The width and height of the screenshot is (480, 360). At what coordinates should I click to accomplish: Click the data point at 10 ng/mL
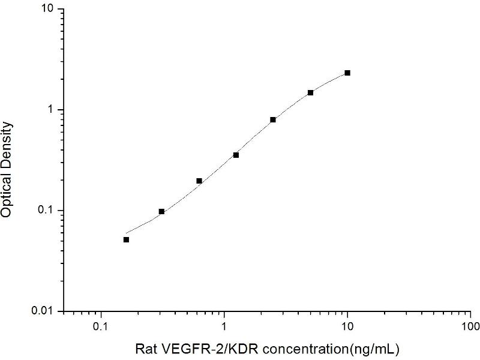point(347,73)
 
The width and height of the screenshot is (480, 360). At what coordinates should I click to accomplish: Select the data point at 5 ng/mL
point(310,92)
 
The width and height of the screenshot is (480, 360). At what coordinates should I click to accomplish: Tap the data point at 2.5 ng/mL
point(273,119)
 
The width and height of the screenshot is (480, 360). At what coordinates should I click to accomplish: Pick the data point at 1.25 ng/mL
point(236,155)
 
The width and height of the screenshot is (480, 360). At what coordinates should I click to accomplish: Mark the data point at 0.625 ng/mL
point(199,181)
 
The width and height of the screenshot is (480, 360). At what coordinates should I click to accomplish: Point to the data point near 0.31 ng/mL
point(161,211)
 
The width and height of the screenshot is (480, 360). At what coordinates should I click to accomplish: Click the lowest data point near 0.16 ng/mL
point(126,239)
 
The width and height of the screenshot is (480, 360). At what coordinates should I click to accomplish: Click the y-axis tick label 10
point(47,10)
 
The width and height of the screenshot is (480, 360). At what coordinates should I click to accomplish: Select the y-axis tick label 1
point(51,110)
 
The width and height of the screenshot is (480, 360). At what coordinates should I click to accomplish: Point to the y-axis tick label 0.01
point(43,311)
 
